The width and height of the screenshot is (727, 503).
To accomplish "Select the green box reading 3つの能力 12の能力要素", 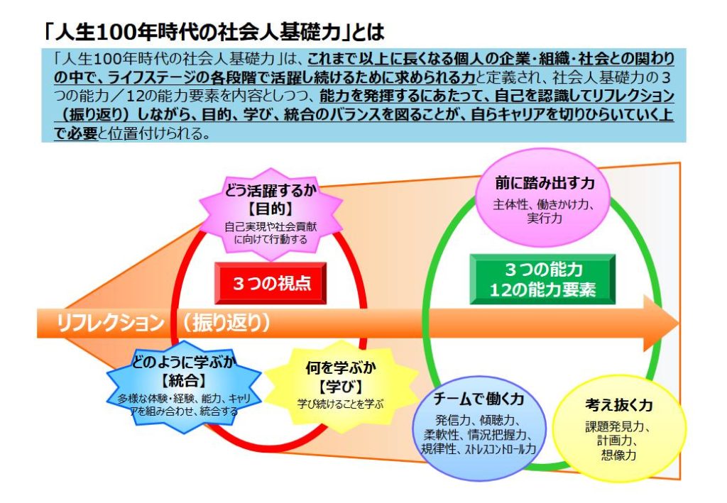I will [x=543, y=280].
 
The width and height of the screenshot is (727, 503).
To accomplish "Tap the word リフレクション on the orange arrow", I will [x=110, y=324].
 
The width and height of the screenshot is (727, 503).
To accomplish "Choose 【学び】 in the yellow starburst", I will [x=341, y=387].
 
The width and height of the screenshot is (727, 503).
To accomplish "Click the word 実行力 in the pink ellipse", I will [x=545, y=219].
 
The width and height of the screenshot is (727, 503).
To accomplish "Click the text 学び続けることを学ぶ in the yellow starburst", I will [x=341, y=403].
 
